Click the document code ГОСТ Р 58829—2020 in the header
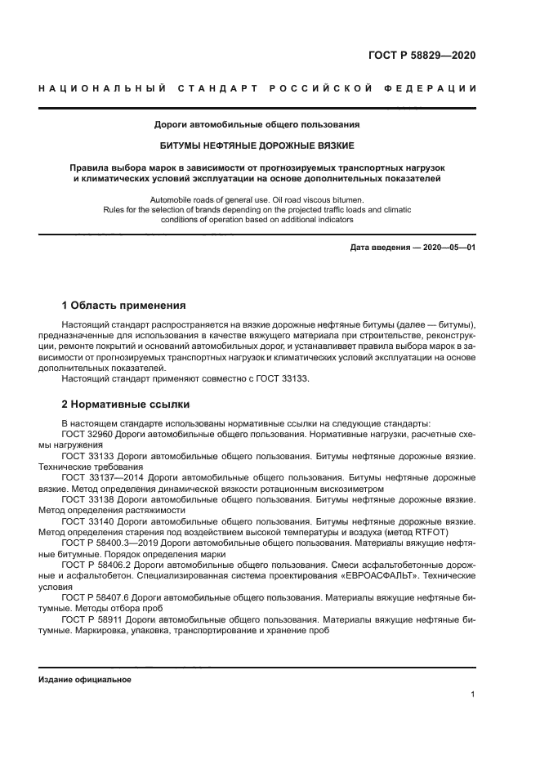(421, 56)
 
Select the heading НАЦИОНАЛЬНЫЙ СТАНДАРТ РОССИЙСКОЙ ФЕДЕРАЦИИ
(257, 88)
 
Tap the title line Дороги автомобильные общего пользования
(257, 125)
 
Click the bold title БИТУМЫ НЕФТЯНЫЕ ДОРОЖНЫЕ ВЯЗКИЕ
(257, 145)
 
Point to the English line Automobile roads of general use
(257, 199)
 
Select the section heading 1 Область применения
(123, 306)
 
